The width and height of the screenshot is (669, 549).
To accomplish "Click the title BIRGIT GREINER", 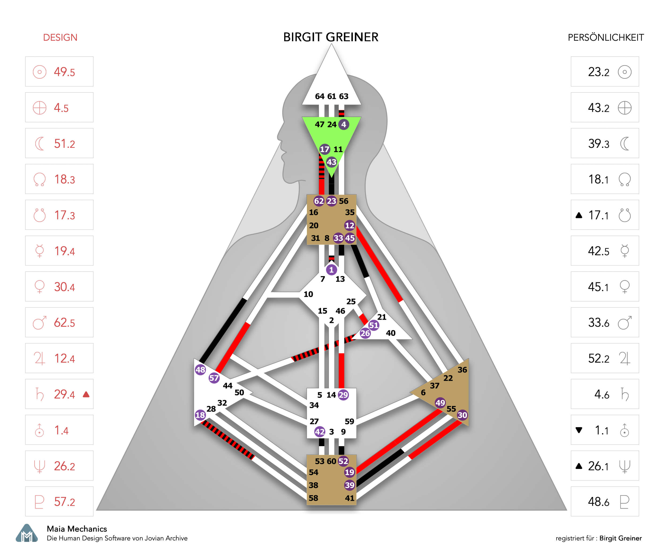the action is click(330, 37).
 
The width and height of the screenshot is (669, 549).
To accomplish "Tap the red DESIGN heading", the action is click(60, 38).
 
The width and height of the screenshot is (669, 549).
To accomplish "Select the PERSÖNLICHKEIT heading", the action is click(606, 38).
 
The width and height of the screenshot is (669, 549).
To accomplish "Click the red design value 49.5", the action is click(64, 72).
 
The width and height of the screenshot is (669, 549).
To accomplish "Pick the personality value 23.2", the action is click(598, 72).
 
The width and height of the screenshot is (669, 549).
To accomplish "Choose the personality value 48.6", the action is click(598, 502).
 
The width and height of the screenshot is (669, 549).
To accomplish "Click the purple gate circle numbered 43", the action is click(331, 162).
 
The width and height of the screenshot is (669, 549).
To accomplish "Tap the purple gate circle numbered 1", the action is click(331, 270).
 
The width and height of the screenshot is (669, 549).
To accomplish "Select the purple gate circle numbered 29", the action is click(343, 395).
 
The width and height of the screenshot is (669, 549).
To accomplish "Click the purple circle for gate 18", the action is click(200, 415).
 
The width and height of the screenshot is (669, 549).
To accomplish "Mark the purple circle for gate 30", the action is click(462, 415).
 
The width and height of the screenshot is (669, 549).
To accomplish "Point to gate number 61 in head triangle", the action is click(332, 96).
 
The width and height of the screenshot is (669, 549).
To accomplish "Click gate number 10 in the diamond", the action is click(308, 294).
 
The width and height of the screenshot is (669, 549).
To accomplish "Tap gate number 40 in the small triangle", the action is click(391, 333).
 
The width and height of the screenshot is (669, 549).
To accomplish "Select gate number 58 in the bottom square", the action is click(313, 498).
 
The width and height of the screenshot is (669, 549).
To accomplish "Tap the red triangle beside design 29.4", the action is click(86, 394).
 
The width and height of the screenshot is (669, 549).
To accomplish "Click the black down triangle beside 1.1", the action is click(579, 430).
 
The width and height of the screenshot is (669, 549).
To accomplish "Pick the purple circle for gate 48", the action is click(200, 370).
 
